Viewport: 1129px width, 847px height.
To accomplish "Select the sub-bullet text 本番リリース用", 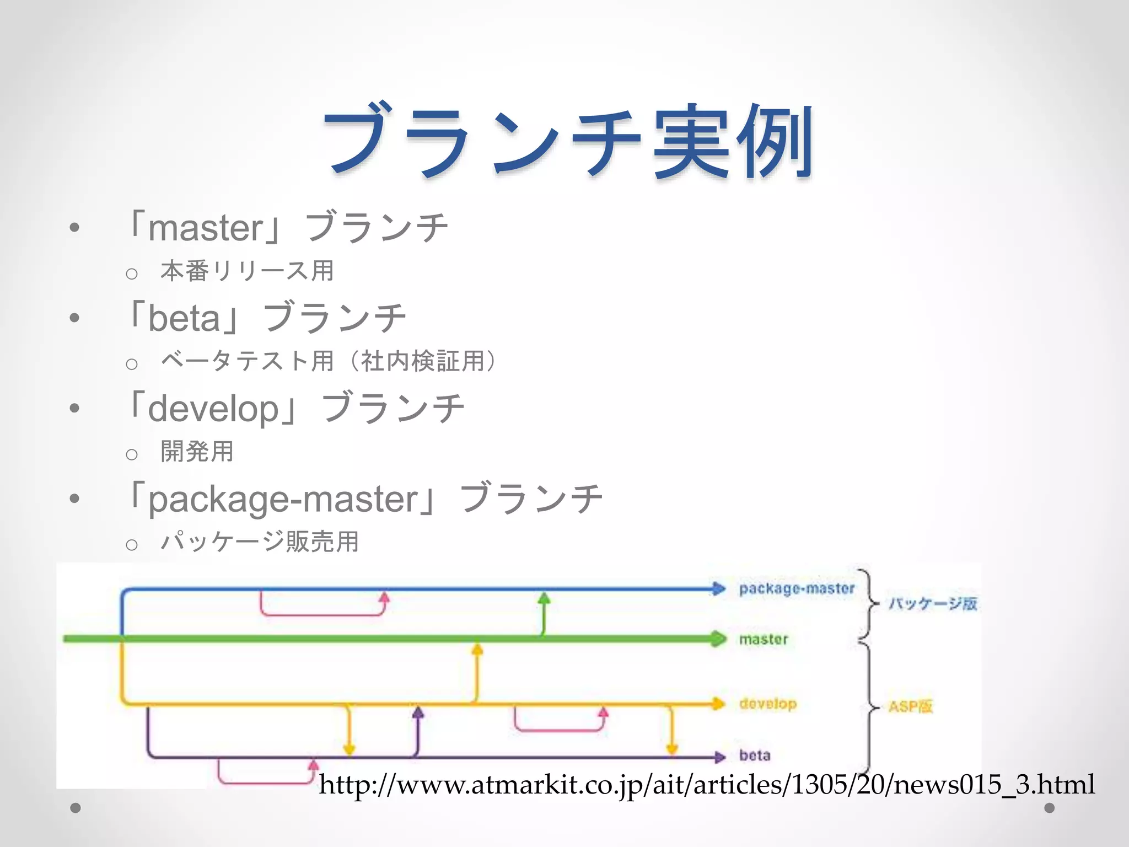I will pos(247,271).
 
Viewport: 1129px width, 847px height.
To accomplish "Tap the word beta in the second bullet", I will pos(184,318).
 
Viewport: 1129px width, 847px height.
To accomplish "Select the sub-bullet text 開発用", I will pos(197,452).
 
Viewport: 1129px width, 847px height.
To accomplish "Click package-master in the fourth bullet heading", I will pos(283,500).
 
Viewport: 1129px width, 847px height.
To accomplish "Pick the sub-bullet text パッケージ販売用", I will pos(260,542).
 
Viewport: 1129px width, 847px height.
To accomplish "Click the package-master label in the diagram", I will pos(797,589).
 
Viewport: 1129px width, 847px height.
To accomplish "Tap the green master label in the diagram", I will pos(764,640).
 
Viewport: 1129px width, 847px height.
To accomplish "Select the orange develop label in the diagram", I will pos(768,704).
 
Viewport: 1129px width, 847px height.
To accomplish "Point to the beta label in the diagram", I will pos(755,755).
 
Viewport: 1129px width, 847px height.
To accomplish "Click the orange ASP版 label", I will pos(910,707).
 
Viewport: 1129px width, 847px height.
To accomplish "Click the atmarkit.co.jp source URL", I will pos(707,784).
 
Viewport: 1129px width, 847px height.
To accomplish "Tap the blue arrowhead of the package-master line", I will pos(718,589).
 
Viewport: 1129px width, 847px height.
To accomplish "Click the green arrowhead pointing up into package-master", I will pos(544,598).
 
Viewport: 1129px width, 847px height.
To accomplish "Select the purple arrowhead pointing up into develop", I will pos(418,713).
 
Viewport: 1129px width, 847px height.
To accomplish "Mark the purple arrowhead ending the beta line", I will pos(719,757).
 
